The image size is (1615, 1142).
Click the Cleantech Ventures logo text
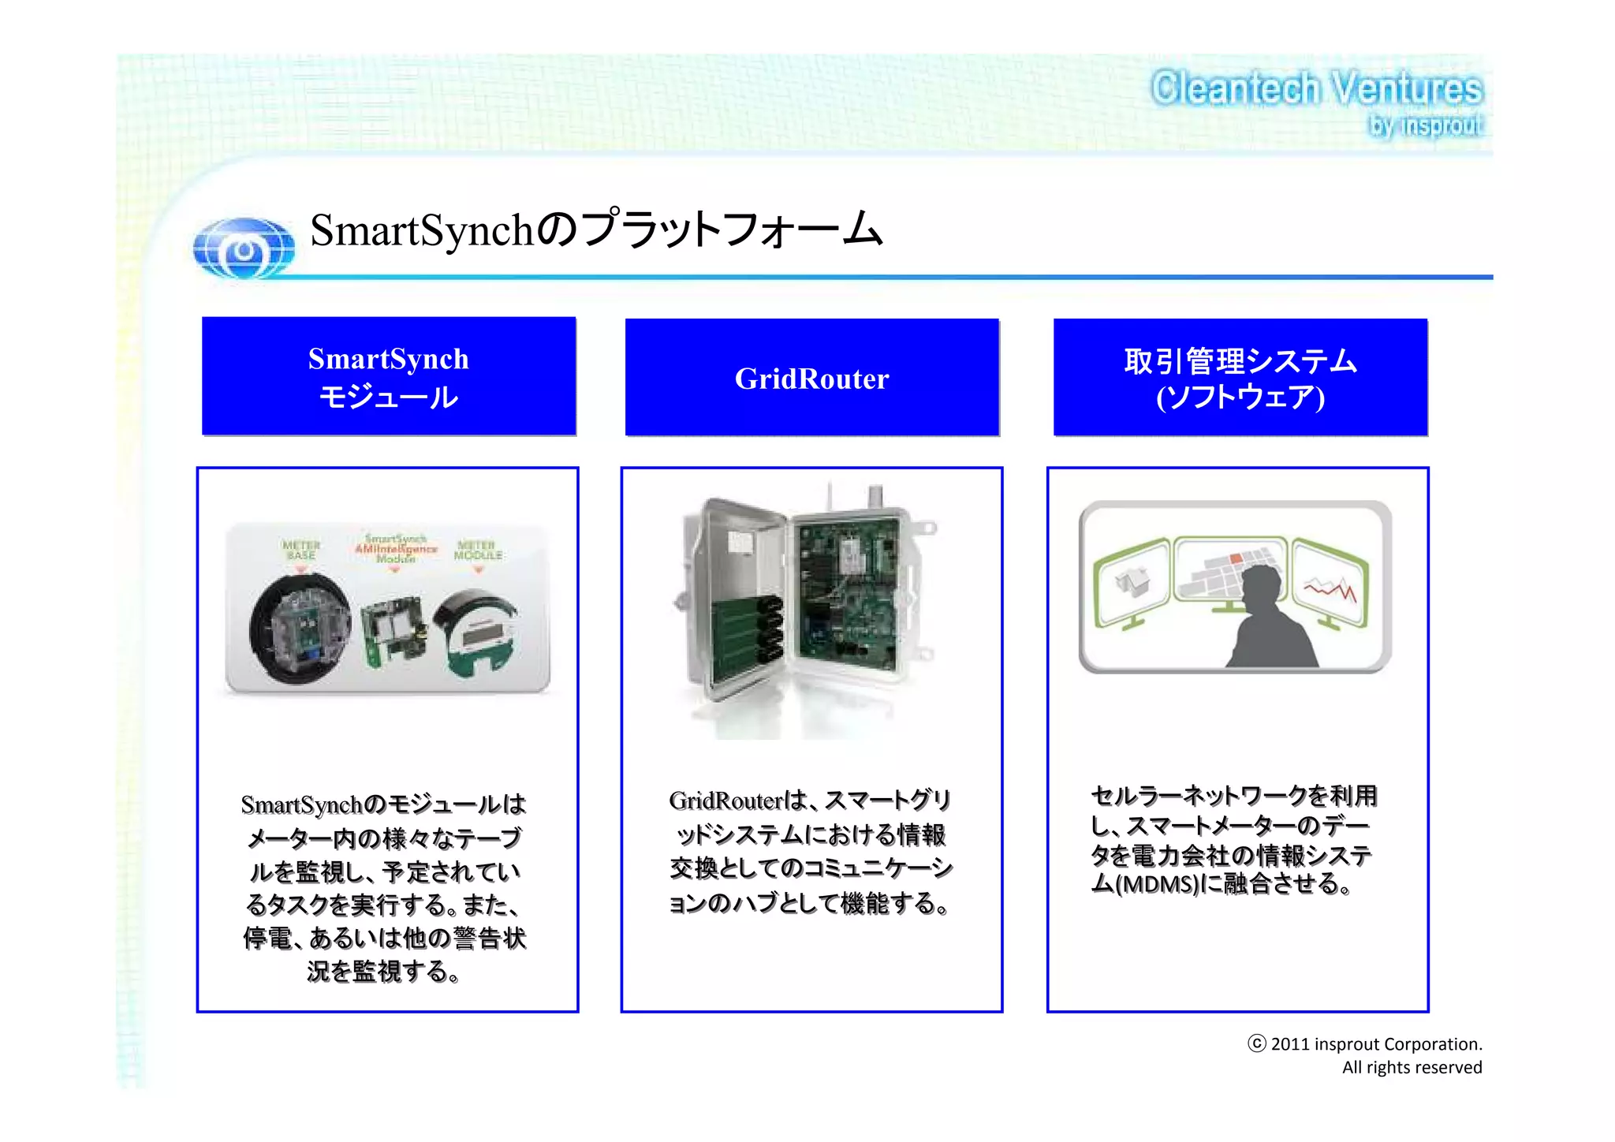tap(1316, 88)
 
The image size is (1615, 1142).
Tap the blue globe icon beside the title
tap(244, 248)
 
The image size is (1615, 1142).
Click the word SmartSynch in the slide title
tap(422, 230)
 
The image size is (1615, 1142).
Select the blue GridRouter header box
tap(811, 378)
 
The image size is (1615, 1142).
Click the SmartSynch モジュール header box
tap(389, 377)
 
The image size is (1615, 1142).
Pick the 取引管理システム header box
tap(1240, 378)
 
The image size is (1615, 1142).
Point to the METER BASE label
tap(300, 550)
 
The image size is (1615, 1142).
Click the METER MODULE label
tap(478, 550)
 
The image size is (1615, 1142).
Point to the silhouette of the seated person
tap(1270, 623)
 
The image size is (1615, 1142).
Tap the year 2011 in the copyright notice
tap(1289, 1044)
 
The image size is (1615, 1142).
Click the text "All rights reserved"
tap(1412, 1068)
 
